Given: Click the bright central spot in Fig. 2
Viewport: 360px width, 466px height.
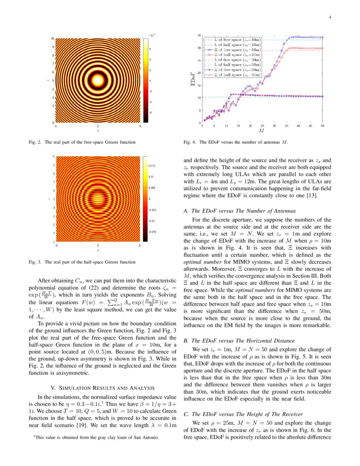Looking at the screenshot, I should (98, 80).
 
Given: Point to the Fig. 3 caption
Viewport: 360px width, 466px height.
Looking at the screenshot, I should (82, 262).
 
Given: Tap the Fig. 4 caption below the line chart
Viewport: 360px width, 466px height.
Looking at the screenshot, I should (235, 142).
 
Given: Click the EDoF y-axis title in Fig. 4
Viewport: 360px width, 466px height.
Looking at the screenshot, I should (192, 79).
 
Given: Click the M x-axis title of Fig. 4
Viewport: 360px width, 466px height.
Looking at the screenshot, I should (262, 131).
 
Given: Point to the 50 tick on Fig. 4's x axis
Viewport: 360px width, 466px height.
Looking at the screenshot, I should (323, 126).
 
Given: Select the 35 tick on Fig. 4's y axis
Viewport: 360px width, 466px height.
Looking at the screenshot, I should (199, 36).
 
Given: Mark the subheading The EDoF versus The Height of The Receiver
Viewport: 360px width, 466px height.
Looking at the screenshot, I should (246, 413).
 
